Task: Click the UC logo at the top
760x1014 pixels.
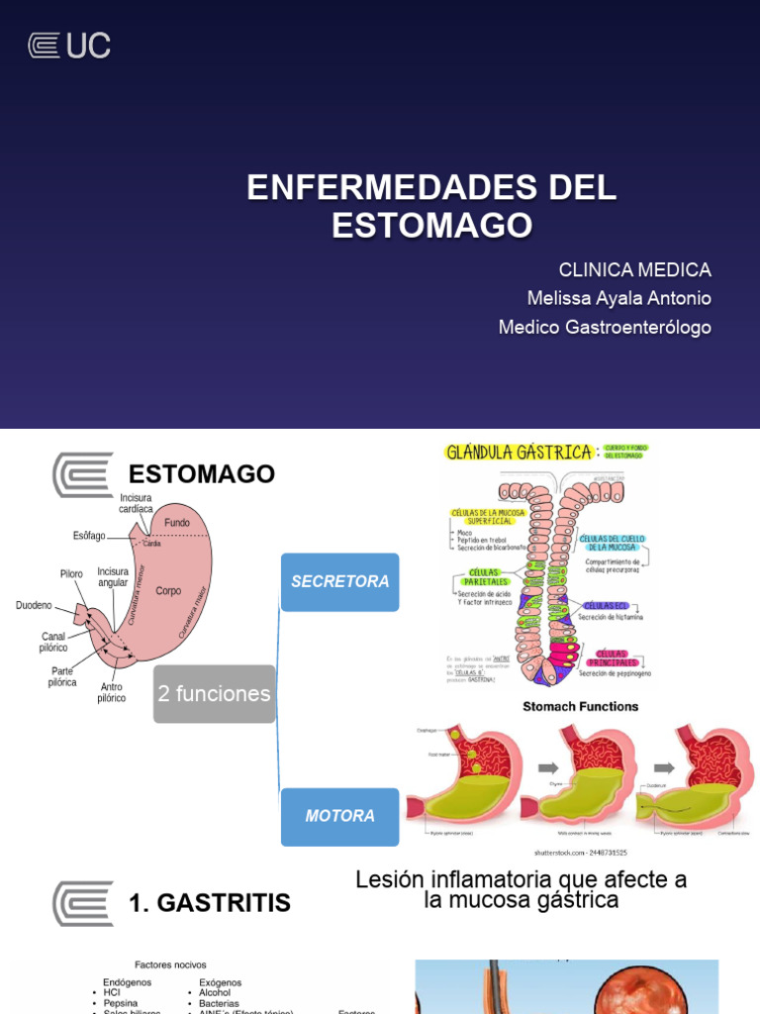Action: click(68, 46)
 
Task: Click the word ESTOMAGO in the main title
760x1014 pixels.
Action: click(431, 225)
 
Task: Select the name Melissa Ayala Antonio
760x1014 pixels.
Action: click(619, 298)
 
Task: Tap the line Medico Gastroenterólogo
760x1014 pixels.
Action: click(605, 327)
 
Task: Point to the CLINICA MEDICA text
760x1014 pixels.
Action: click(634, 269)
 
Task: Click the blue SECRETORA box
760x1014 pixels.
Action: click(339, 581)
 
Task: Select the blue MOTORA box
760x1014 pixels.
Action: click(339, 816)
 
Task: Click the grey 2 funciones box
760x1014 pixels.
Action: click(214, 693)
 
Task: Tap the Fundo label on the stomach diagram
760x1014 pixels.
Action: click(177, 522)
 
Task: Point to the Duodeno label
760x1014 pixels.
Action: click(34, 605)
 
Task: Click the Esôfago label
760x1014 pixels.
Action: click(89, 536)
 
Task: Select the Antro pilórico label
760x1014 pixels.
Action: click(111, 692)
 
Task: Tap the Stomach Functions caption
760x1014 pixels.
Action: click(580, 706)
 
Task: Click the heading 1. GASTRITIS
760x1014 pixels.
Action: click(210, 902)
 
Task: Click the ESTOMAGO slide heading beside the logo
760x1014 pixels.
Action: click(202, 473)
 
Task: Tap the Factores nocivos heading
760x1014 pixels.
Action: click(170, 964)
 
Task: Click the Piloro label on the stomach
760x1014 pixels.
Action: click(71, 573)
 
